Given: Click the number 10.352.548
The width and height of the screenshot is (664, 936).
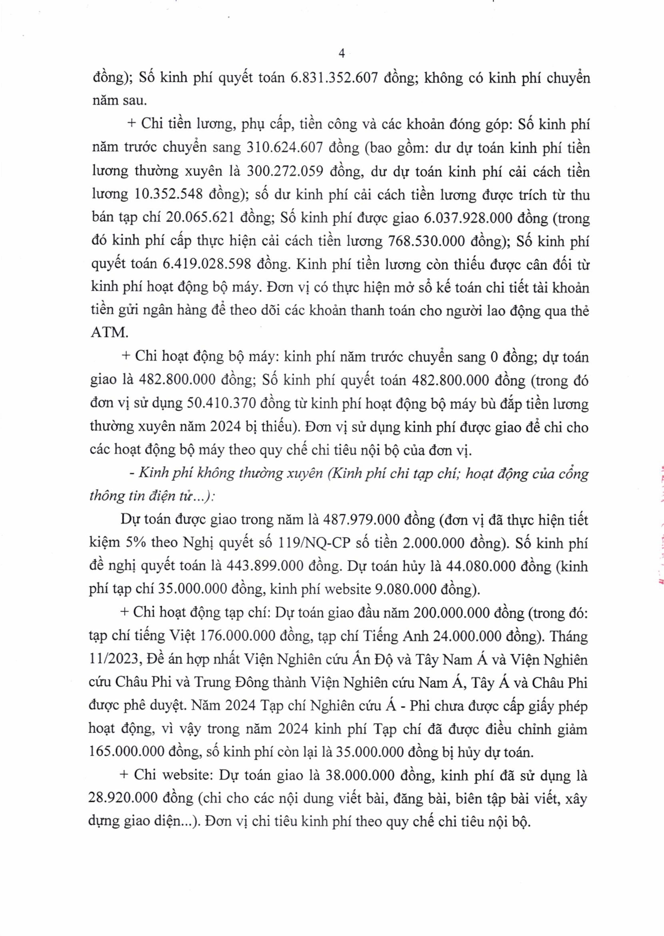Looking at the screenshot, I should tap(169, 194).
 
